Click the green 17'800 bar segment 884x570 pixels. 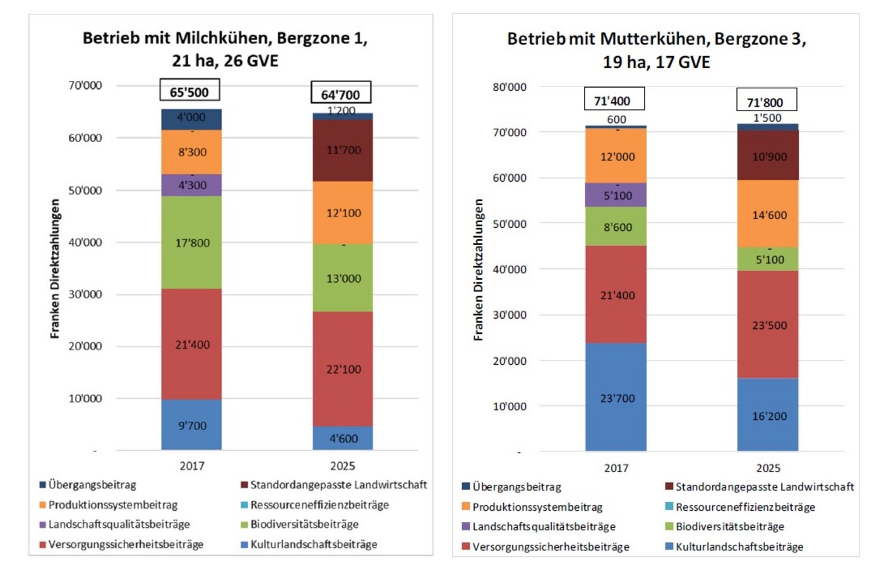(192, 242)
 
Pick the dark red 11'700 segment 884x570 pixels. (343, 150)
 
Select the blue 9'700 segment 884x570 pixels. (192, 425)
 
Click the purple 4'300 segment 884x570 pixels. (192, 186)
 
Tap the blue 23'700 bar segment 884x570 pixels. (616, 398)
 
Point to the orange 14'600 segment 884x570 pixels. (768, 215)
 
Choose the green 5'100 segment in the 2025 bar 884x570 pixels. (768, 259)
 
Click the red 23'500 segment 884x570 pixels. (768, 325)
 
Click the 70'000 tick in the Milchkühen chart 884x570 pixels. (85, 85)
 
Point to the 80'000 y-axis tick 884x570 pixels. (509, 87)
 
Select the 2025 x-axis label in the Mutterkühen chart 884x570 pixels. (768, 468)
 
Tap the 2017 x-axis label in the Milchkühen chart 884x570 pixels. (192, 466)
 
